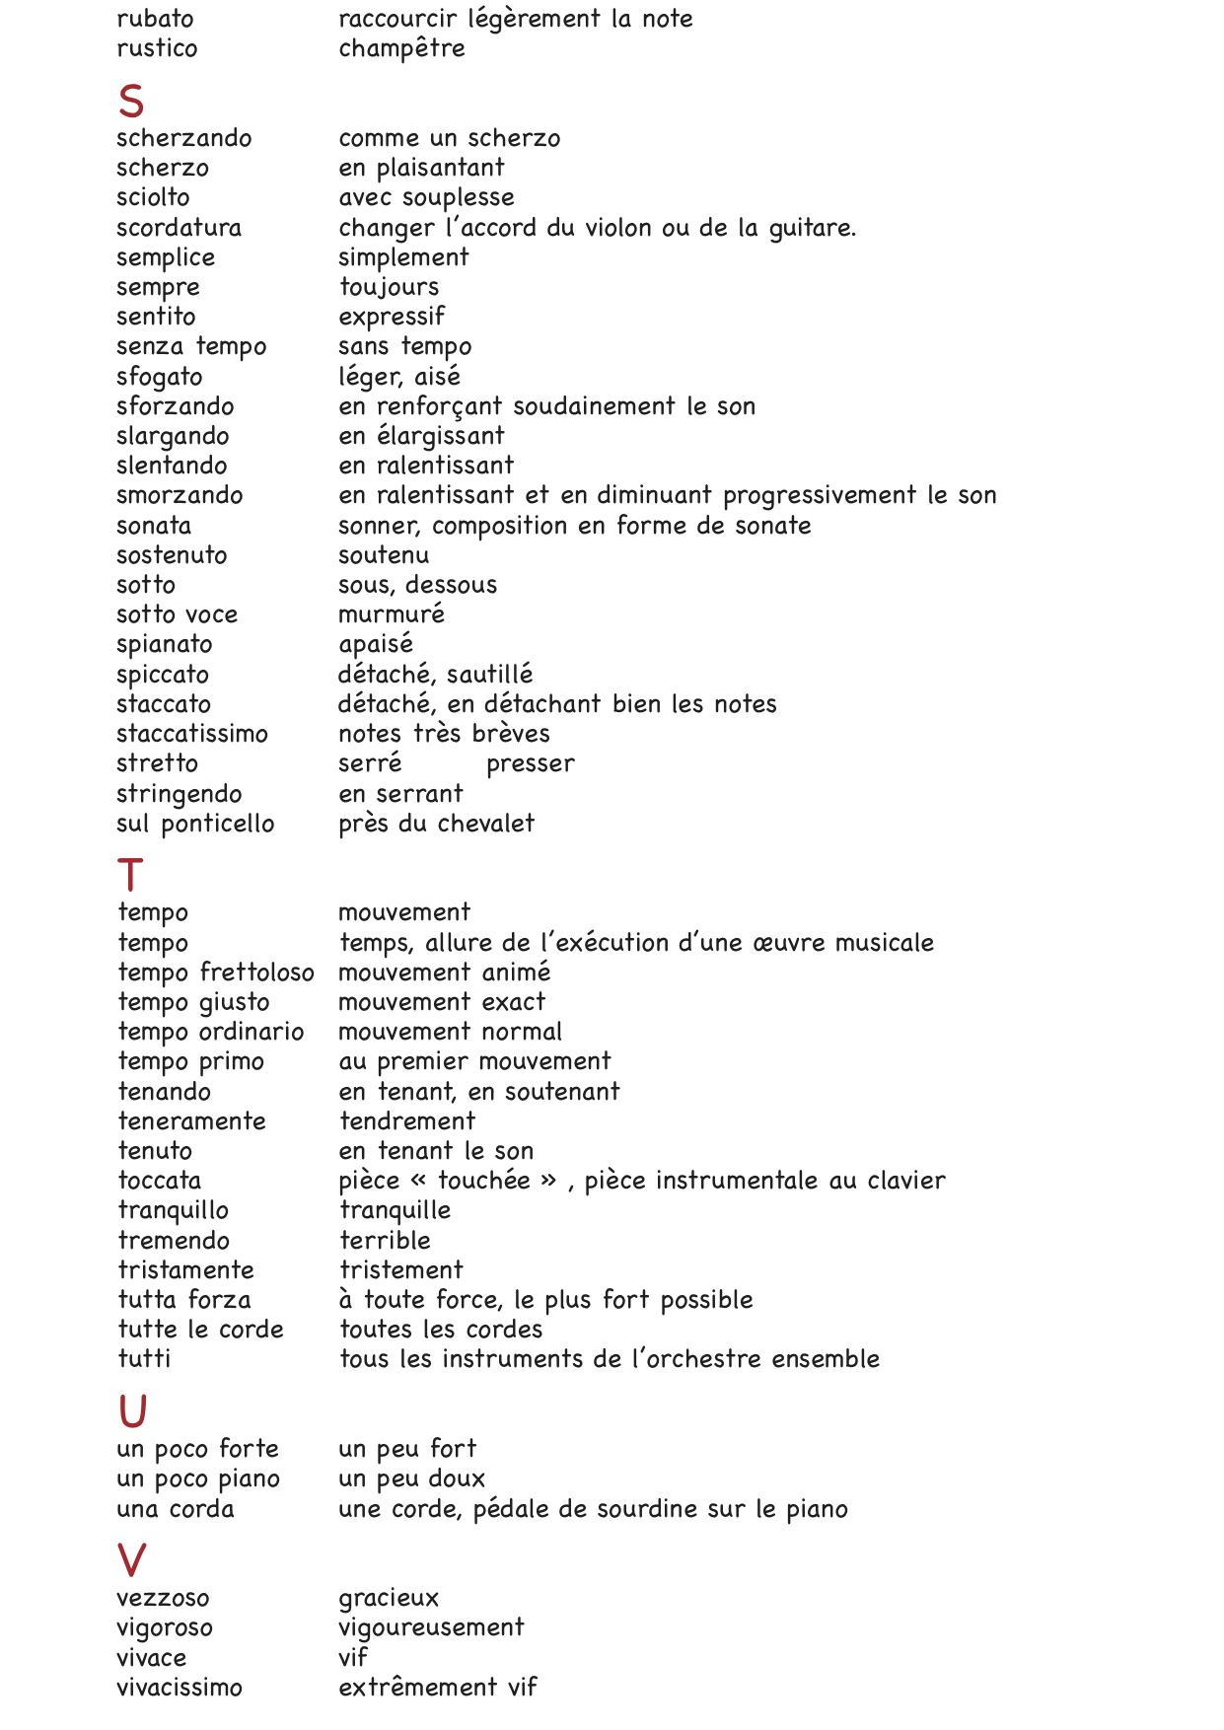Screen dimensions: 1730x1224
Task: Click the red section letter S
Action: (131, 102)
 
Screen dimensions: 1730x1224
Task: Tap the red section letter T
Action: (130, 876)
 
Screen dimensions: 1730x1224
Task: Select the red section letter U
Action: (132, 1411)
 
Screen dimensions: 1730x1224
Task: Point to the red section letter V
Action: (131, 1560)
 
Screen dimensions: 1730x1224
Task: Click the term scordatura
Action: (179, 228)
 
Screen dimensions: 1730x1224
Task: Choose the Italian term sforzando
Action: (175, 406)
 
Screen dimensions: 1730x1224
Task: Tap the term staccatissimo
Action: (192, 734)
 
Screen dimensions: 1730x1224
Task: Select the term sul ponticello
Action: (195, 824)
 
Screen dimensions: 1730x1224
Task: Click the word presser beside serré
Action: (530, 764)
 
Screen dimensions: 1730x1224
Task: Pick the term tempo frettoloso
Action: (216, 973)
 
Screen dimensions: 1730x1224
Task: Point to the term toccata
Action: (159, 1181)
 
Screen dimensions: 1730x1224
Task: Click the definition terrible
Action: (385, 1241)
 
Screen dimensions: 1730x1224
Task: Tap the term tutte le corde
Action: (200, 1330)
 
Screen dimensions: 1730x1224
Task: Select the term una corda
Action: (176, 1509)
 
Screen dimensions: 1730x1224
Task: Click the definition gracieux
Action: (389, 1599)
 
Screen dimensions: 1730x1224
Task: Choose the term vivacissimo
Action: (179, 1688)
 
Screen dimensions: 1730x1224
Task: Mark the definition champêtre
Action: (401, 48)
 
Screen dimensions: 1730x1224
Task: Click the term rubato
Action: (155, 19)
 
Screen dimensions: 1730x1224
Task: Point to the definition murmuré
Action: (392, 614)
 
